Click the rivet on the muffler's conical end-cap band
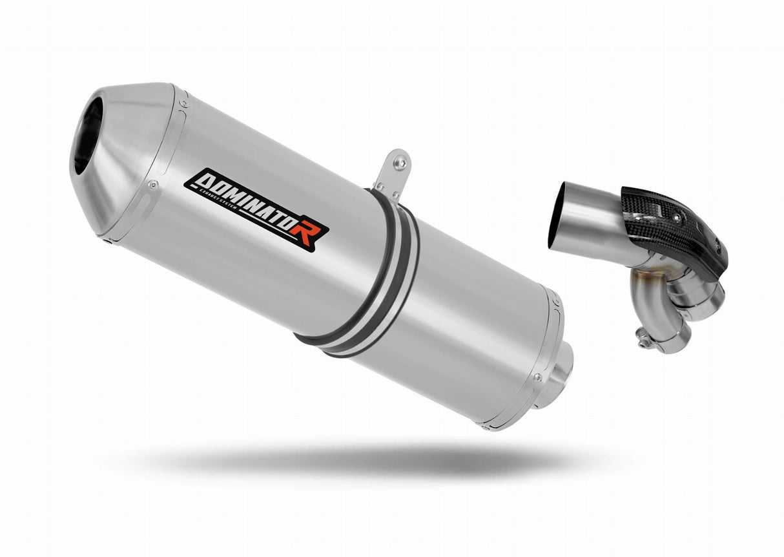tap(153, 184)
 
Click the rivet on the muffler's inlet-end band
tap(535, 377)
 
